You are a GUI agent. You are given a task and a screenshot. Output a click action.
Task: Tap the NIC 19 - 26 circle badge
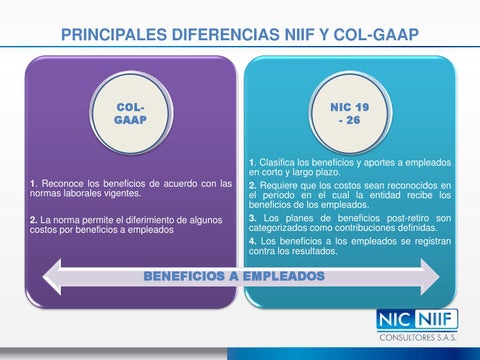point(347,111)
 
